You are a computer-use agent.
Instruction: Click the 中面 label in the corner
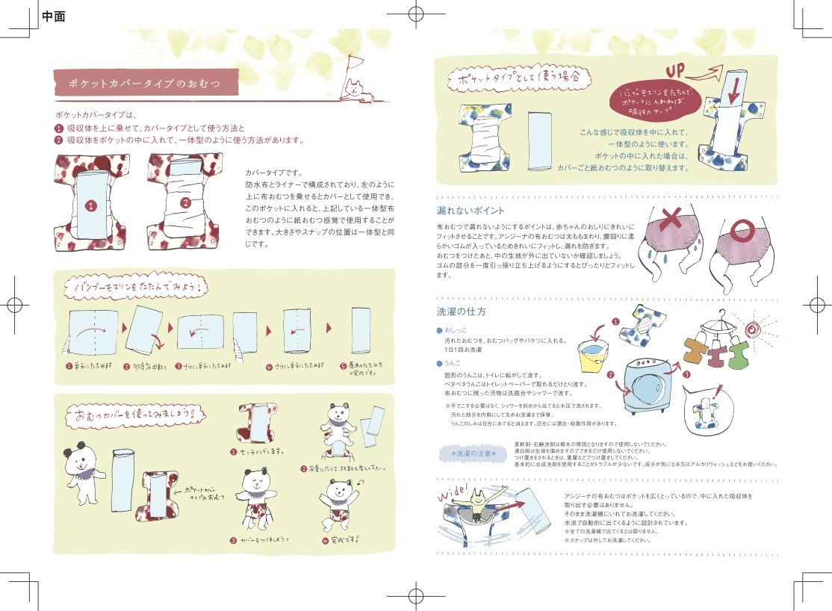point(54,16)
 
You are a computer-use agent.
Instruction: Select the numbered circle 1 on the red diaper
point(90,205)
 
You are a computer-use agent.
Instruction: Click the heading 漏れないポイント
point(470,211)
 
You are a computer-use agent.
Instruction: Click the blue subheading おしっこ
point(455,329)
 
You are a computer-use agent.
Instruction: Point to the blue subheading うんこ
point(452,363)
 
